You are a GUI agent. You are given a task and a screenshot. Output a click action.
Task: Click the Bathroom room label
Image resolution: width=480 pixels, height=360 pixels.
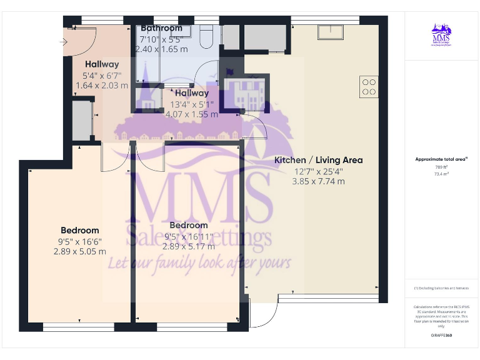click(x=161, y=28)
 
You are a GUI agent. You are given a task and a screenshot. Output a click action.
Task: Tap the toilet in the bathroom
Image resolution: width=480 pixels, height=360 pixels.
click(x=207, y=37)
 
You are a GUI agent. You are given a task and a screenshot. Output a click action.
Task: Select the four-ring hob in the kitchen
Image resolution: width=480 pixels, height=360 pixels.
click(x=369, y=86)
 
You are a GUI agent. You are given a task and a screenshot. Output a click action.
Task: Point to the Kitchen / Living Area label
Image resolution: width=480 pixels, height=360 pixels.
click(x=319, y=160)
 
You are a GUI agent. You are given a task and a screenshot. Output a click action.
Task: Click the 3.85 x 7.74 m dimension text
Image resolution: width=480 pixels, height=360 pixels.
click(x=319, y=181)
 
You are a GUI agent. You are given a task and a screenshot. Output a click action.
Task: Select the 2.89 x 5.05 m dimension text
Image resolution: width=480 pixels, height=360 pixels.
click(x=80, y=251)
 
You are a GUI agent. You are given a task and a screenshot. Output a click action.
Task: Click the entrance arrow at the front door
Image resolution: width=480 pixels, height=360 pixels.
click(x=65, y=41)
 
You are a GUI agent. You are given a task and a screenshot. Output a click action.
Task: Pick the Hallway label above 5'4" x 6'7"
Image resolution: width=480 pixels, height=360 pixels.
click(x=102, y=64)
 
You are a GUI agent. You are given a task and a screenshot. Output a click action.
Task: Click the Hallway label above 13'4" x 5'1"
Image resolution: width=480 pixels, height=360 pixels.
click(x=192, y=93)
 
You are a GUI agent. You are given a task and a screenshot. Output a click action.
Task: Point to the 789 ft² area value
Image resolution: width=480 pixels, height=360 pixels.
click(x=441, y=167)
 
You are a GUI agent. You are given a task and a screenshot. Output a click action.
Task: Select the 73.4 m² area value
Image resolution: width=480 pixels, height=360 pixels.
click(x=441, y=174)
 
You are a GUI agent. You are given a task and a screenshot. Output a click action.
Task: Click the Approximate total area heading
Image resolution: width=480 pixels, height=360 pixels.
click(x=441, y=159)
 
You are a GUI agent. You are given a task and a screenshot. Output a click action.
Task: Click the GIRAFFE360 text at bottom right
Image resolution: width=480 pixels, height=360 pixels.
click(x=441, y=336)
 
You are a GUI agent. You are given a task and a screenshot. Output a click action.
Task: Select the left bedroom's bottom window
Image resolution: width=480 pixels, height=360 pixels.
click(x=78, y=326)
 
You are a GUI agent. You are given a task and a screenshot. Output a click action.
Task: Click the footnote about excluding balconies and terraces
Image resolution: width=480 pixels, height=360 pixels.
click(x=441, y=287)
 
